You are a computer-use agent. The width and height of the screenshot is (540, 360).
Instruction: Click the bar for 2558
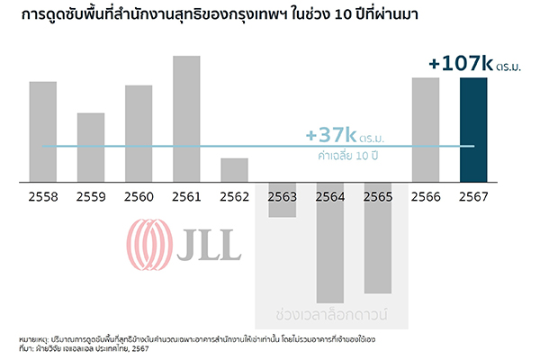(x=42, y=132)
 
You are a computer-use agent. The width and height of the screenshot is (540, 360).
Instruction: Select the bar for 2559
(x=91, y=148)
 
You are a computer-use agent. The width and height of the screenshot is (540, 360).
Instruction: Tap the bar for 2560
(x=139, y=134)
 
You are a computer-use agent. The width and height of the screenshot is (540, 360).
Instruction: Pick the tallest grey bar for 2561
(x=186, y=120)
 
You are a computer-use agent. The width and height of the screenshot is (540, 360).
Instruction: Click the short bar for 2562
(x=234, y=171)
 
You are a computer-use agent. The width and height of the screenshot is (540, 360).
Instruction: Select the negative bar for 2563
(x=282, y=200)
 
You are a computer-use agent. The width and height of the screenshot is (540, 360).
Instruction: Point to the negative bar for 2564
(x=330, y=243)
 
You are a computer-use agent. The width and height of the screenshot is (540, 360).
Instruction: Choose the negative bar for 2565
(x=378, y=238)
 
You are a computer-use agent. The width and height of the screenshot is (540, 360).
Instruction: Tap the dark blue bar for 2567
(x=473, y=130)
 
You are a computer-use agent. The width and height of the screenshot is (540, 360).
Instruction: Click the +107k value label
(x=460, y=64)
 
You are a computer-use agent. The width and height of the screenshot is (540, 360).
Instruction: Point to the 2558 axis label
(x=42, y=195)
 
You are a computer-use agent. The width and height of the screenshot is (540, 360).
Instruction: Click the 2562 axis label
(x=234, y=195)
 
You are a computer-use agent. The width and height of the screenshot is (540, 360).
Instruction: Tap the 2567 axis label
(x=473, y=195)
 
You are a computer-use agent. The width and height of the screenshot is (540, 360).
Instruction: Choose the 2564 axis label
(x=330, y=195)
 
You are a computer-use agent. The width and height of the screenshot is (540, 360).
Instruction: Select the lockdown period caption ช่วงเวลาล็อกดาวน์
(x=332, y=316)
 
